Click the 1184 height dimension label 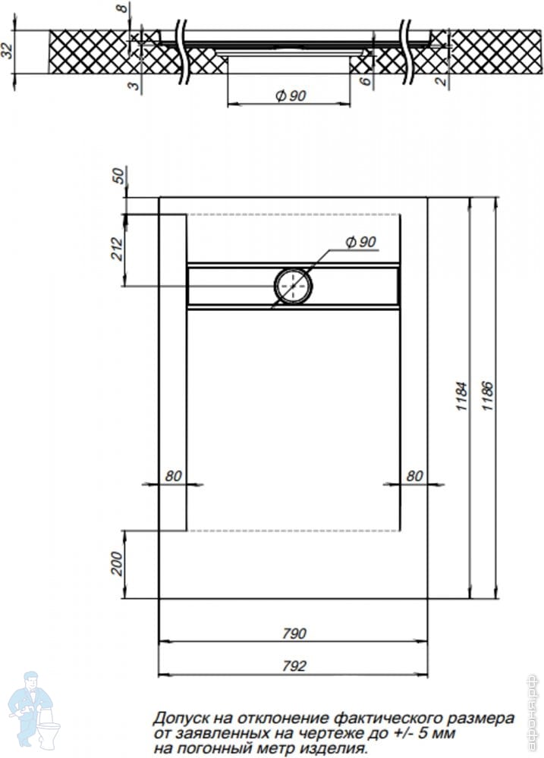click(461, 396)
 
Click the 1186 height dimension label click(487, 396)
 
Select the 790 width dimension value click(294, 633)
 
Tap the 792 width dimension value click(294, 666)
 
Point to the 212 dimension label click(118, 249)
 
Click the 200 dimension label click(118, 564)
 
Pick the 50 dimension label click(118, 175)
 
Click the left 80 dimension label click(173, 476)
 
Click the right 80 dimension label click(414, 476)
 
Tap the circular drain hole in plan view click(294, 286)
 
